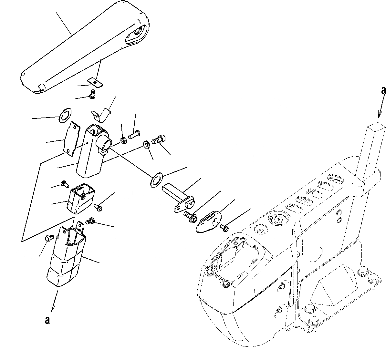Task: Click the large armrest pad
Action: [x=84, y=48]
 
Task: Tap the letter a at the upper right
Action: [x=383, y=91]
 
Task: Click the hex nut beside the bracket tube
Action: [x=123, y=140]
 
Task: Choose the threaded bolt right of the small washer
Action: [x=159, y=140]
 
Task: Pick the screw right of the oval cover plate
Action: [x=224, y=228]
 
